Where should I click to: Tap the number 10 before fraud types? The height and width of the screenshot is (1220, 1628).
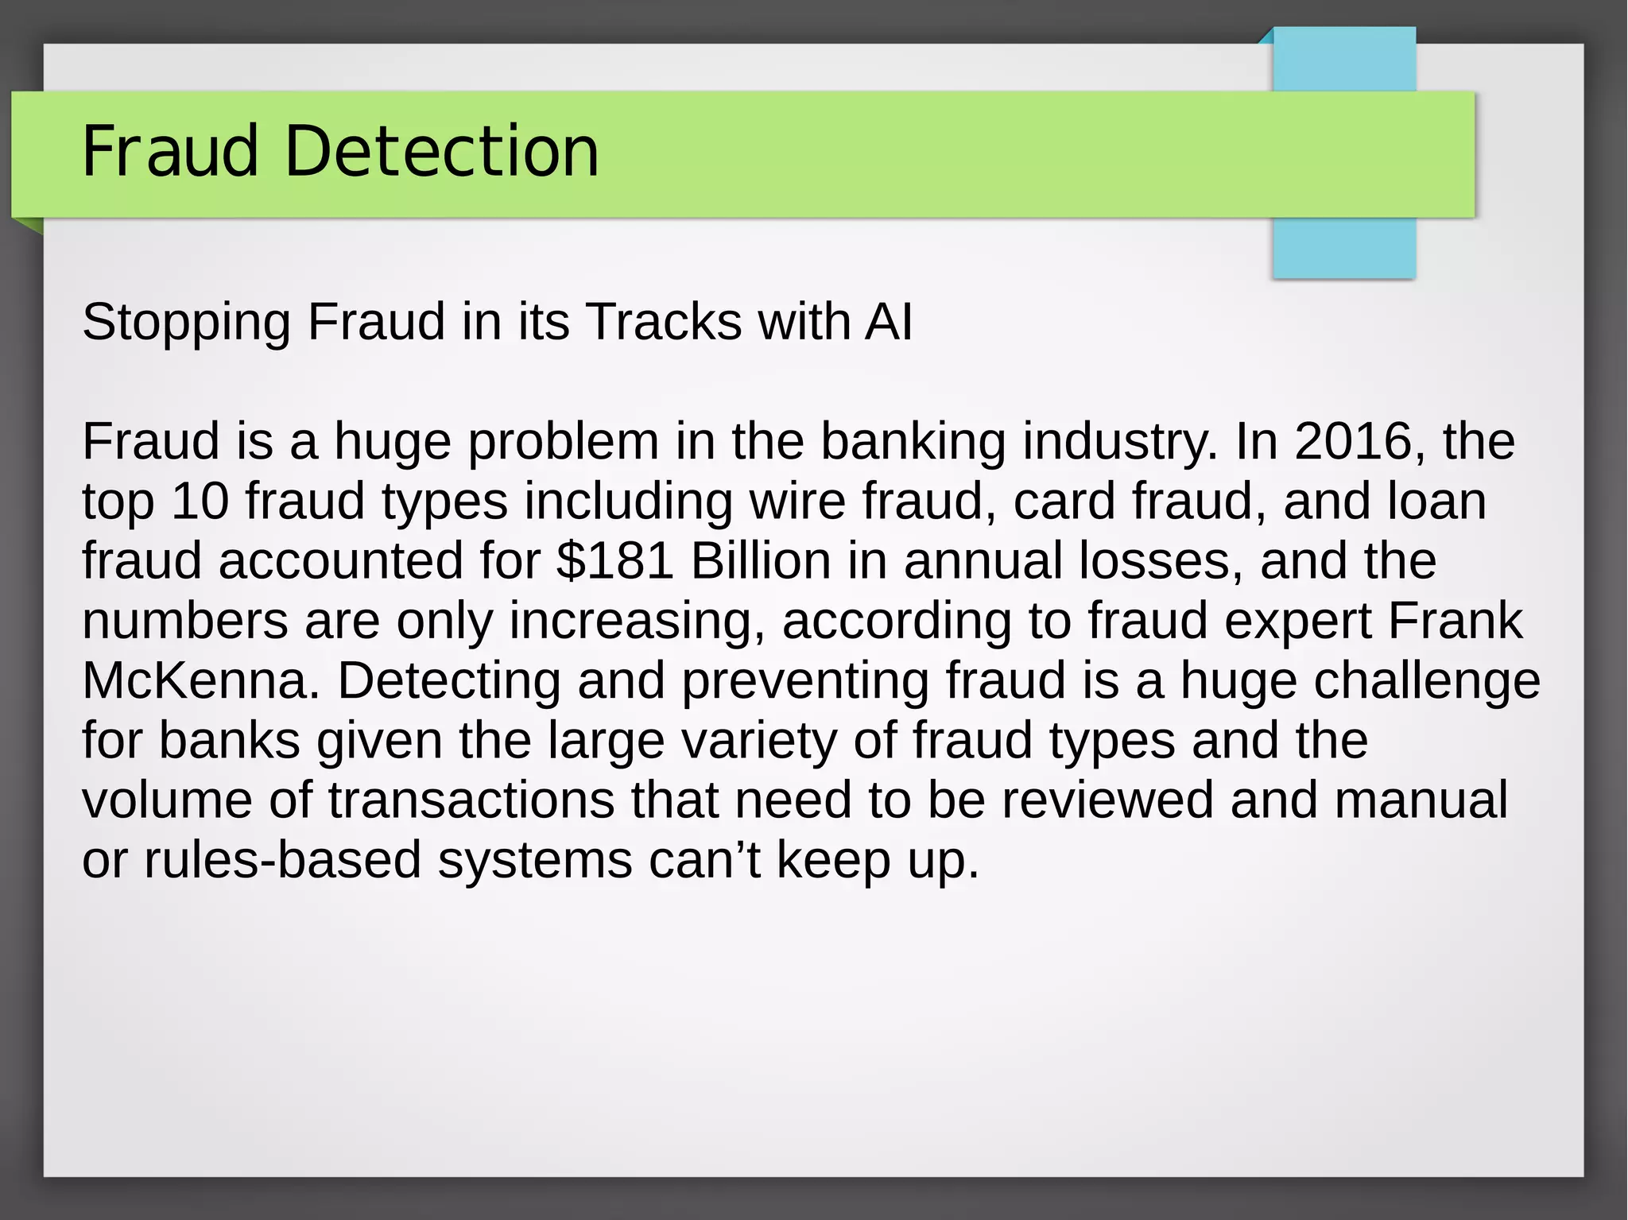click(200, 502)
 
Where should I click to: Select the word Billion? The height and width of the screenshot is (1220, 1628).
click(761, 561)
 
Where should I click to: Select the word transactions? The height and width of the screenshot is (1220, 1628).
click(471, 800)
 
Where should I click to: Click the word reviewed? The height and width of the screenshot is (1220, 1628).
click(1107, 800)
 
